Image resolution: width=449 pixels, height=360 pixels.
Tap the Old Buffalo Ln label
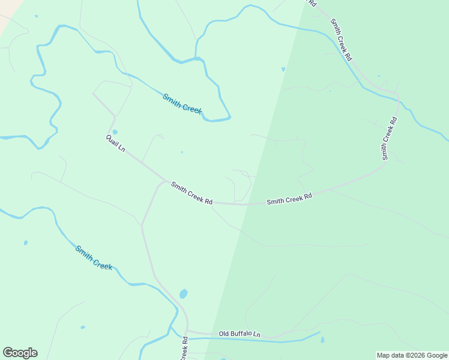pos(240,334)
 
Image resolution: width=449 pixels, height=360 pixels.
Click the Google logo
pos(20,352)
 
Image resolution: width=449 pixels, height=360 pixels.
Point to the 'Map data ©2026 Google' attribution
pos(412,355)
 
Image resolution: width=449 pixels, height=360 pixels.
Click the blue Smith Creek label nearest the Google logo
pos(94,257)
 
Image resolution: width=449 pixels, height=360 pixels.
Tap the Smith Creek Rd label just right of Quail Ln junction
pos(191,193)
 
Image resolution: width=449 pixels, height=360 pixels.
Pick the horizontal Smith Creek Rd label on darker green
pos(289,199)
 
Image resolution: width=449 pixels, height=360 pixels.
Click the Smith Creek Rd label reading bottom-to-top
pos(390,139)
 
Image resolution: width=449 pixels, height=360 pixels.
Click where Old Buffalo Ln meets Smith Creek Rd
pos(187,331)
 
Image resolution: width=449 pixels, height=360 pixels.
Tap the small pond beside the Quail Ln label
pos(115,132)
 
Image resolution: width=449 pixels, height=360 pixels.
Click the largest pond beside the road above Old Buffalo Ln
pos(183,294)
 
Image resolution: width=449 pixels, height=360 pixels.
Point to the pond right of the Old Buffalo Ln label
pos(322,340)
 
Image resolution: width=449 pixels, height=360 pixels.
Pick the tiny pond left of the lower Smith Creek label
pos(26,243)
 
